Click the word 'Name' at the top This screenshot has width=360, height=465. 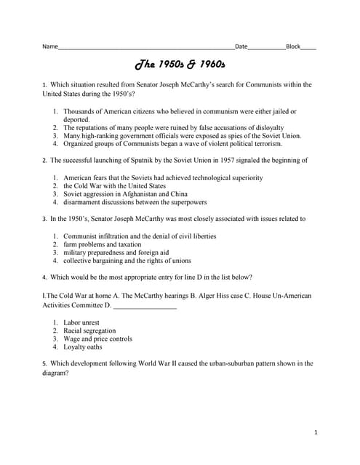coord(50,46)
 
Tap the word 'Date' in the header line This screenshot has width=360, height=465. coord(241,46)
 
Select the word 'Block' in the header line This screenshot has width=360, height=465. coord(293,46)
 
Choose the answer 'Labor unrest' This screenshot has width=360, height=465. coord(81,322)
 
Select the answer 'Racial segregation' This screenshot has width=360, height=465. coord(89,331)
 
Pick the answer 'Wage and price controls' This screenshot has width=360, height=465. coord(97,339)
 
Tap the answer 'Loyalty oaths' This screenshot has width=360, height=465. coord(83,347)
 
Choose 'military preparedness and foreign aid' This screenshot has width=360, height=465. coord(116,253)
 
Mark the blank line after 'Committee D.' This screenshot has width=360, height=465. coord(145,305)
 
